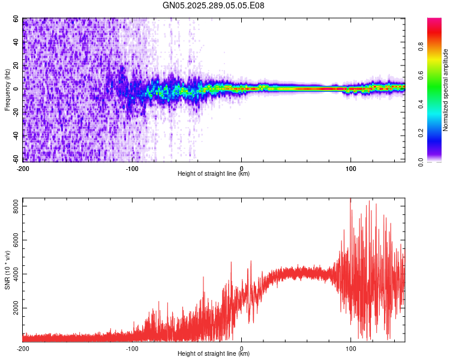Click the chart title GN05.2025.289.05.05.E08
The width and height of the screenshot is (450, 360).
tap(214, 5)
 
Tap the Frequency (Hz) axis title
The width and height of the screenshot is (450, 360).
tap(7, 90)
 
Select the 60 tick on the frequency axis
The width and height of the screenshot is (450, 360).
tap(16, 19)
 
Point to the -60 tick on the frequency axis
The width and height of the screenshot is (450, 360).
tap(15, 159)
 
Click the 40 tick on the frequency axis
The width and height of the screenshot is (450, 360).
tap(16, 43)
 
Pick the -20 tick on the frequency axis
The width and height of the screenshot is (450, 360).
tap(15, 112)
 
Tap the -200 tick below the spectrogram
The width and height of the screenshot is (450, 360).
tap(22, 167)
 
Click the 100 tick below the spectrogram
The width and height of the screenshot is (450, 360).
tap(350, 167)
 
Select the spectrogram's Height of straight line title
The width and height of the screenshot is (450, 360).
tap(214, 173)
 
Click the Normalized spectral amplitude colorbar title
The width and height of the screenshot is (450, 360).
tap(446, 90)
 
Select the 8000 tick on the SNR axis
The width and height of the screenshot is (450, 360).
tap(13, 206)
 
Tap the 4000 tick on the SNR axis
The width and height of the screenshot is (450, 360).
tap(13, 274)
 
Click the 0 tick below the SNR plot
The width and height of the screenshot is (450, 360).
tap(241, 348)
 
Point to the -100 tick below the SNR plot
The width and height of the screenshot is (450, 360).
tap(132, 348)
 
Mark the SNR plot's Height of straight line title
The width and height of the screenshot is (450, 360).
tap(214, 354)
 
